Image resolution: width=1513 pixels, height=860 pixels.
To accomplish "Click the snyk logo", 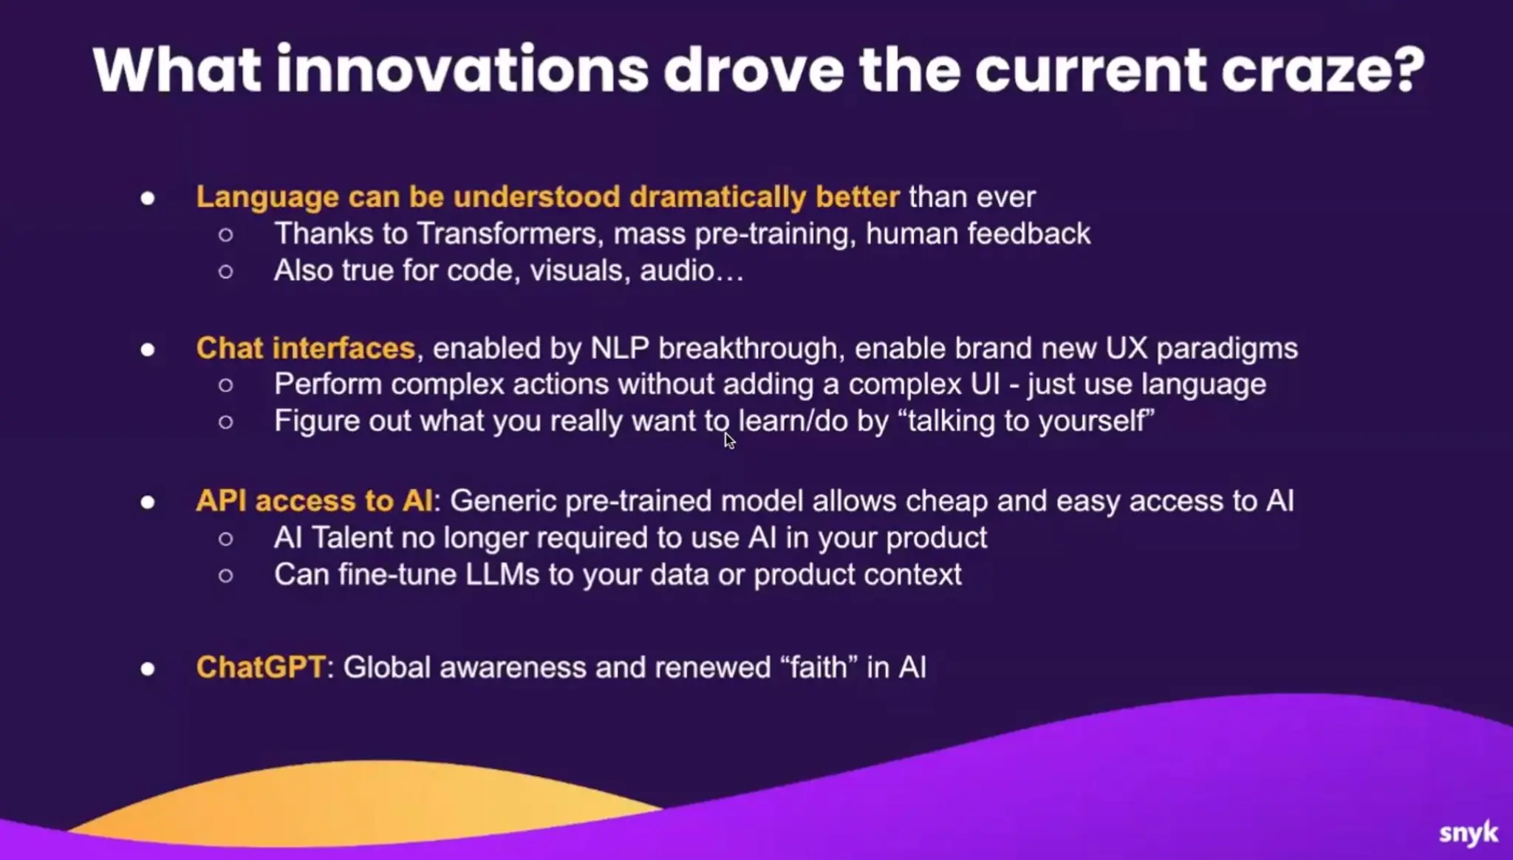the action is coord(1469,833).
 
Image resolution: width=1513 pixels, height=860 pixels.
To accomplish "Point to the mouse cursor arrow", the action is coord(730,441).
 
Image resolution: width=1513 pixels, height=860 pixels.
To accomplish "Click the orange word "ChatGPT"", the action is coord(260,667).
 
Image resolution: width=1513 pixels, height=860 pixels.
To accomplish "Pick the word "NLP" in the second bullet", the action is coord(620,348).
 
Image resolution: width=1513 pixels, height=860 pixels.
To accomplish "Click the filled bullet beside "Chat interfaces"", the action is coord(148,349).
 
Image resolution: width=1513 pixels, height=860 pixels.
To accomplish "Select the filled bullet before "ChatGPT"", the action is coord(148,669).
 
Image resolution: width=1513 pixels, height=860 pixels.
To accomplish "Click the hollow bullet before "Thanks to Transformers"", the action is coord(226,235).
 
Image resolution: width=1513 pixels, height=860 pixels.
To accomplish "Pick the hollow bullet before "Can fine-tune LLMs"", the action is coord(226,576).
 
